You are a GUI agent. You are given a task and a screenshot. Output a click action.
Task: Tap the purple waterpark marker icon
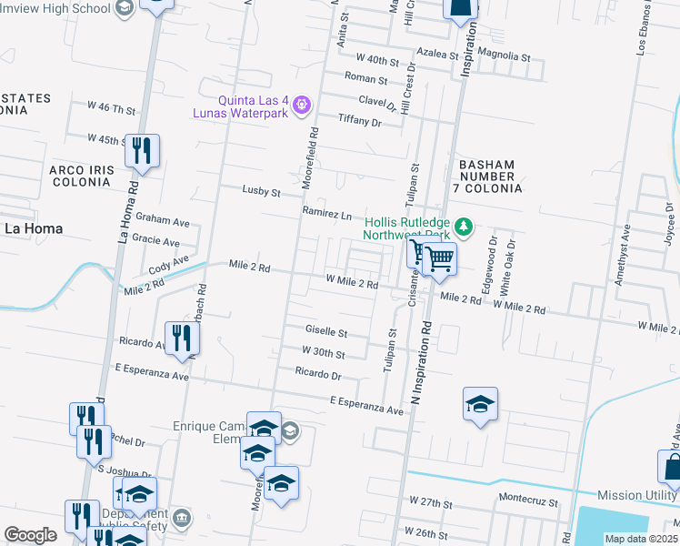(x=303, y=106)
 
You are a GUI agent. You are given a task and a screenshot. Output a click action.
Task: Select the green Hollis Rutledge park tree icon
(x=464, y=225)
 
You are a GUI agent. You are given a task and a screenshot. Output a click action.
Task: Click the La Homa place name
(x=33, y=228)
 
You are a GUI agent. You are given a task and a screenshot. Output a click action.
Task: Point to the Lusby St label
(x=262, y=192)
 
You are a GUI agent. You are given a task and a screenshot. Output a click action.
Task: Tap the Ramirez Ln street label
(x=326, y=215)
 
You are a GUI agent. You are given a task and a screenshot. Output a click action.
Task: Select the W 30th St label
(x=324, y=353)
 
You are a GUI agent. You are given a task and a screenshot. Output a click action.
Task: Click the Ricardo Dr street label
(x=318, y=374)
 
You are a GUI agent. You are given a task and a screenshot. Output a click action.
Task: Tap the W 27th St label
(x=431, y=501)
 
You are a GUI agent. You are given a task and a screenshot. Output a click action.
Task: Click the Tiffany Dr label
(x=359, y=121)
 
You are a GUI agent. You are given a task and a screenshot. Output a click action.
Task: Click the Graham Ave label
(x=162, y=220)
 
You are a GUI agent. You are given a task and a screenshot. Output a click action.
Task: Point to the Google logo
(x=30, y=535)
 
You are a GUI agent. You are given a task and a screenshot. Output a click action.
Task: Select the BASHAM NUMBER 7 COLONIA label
(x=492, y=177)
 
